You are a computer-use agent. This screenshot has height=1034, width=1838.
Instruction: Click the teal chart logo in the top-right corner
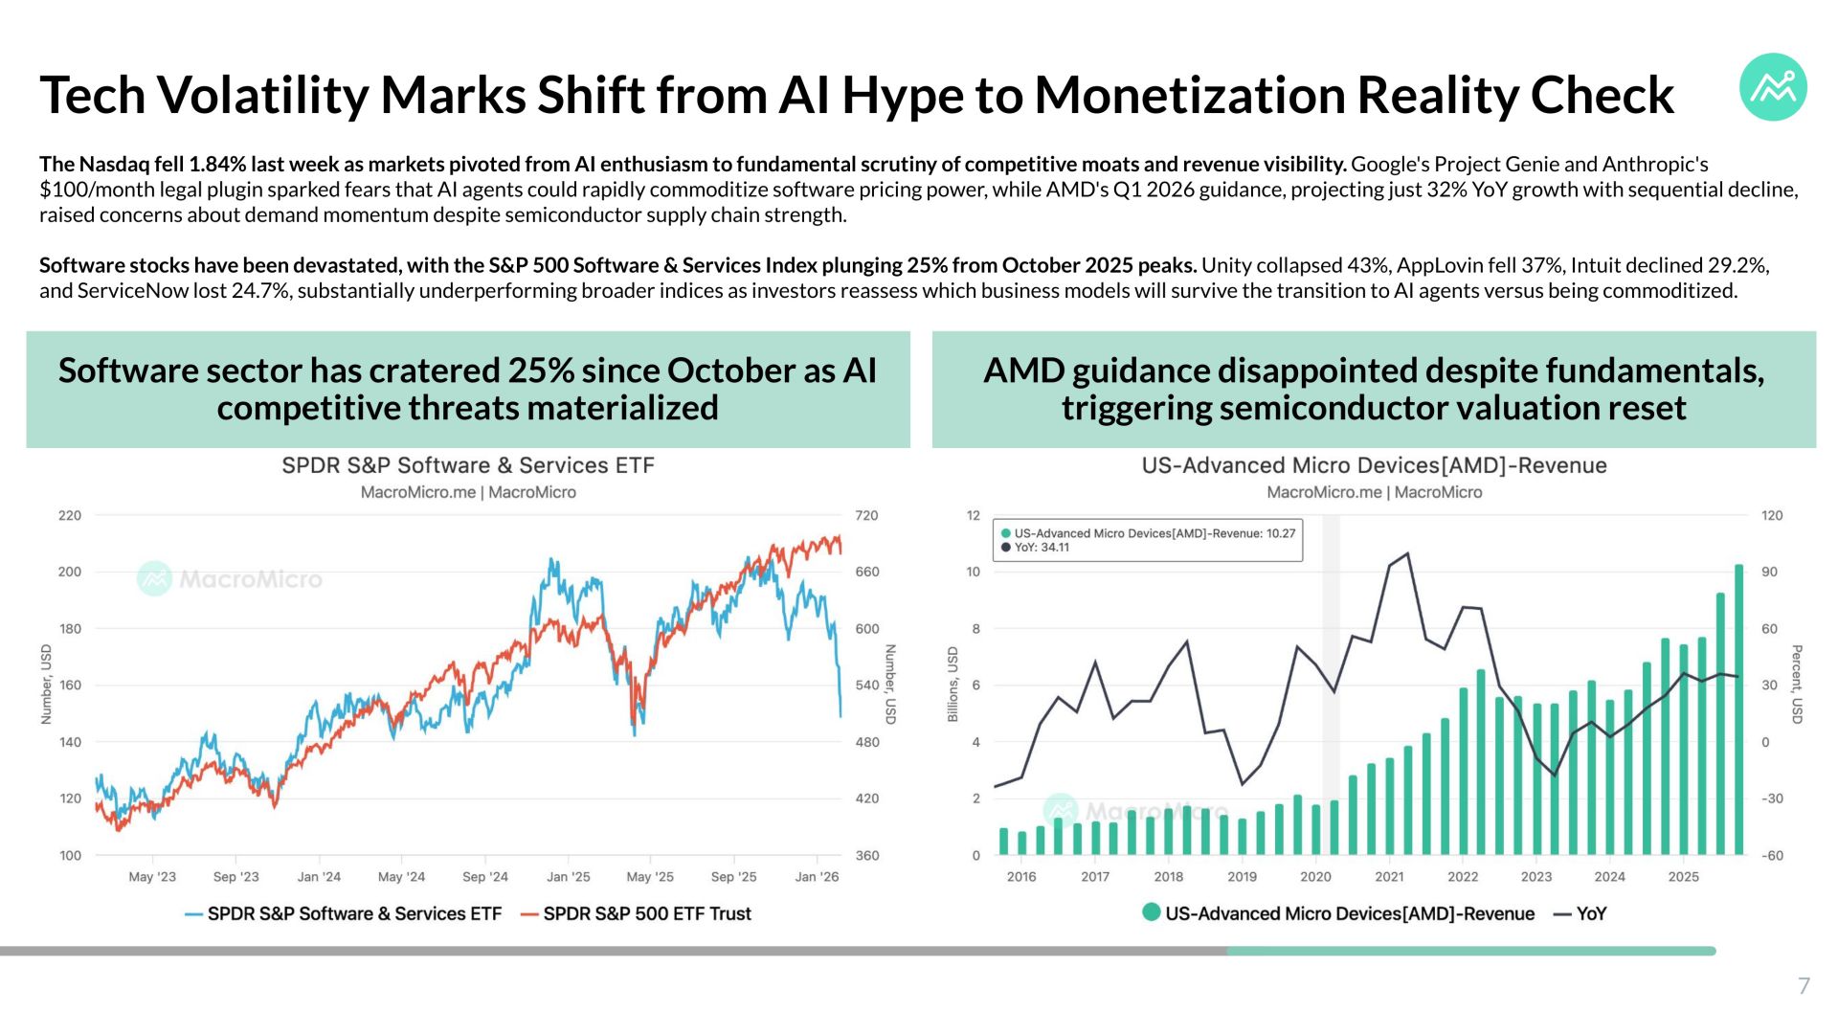[1773, 87]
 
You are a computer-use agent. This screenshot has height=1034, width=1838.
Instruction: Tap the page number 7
[1804, 985]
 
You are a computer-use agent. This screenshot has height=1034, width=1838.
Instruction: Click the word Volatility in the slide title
[261, 96]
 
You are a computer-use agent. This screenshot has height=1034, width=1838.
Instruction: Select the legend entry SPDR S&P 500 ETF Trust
[636, 913]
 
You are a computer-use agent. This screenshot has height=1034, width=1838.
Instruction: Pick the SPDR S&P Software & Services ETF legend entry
[343, 913]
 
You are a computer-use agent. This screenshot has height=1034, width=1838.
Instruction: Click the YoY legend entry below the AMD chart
[1580, 913]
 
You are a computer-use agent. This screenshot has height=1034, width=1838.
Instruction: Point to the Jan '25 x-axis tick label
[569, 876]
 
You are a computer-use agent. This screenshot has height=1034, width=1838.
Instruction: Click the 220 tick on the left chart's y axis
[70, 515]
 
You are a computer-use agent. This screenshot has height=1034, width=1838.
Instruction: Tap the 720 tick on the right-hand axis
[866, 515]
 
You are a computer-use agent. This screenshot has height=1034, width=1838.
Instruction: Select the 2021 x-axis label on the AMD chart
[1389, 876]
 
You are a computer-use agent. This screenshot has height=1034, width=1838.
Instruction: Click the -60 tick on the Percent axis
[1772, 855]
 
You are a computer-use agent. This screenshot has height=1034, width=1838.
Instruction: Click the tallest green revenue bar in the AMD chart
[1739, 709]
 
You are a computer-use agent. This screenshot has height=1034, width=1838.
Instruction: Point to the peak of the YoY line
[1407, 553]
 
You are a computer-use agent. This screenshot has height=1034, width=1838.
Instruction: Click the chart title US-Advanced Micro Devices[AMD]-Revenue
[1374, 465]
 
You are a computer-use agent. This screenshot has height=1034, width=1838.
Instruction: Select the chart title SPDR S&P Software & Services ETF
[468, 465]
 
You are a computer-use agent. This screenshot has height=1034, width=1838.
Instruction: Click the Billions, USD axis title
[953, 685]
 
